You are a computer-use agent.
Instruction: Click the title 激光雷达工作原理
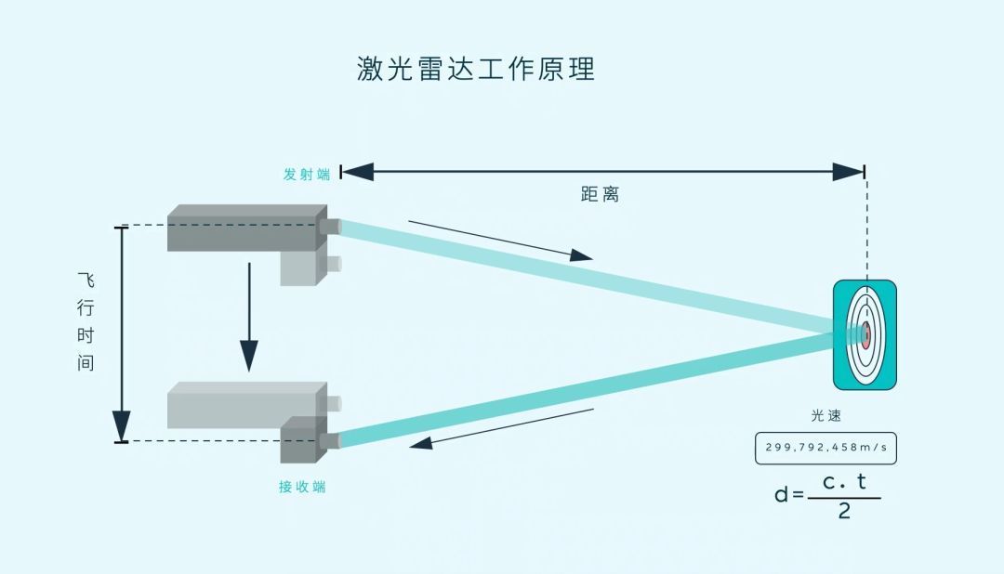476,69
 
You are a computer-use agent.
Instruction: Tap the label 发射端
307,174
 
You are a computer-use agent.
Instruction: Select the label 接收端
302,487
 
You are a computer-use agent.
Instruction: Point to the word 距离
600,194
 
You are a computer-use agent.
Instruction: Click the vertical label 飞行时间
86,322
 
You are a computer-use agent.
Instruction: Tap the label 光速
826,415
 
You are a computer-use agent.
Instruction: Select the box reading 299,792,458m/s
826,448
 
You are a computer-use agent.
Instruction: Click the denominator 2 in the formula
844,511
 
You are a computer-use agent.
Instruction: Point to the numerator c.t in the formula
844,482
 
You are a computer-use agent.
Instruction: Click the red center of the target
865,334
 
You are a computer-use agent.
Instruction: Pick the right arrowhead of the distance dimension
848,172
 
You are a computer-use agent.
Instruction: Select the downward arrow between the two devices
249,318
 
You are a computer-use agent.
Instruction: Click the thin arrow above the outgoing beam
501,241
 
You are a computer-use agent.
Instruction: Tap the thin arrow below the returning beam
501,429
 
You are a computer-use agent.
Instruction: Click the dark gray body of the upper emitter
247,228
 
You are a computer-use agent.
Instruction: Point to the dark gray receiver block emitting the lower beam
303,439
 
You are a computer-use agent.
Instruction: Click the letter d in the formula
781,494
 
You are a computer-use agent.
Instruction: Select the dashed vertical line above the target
866,229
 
